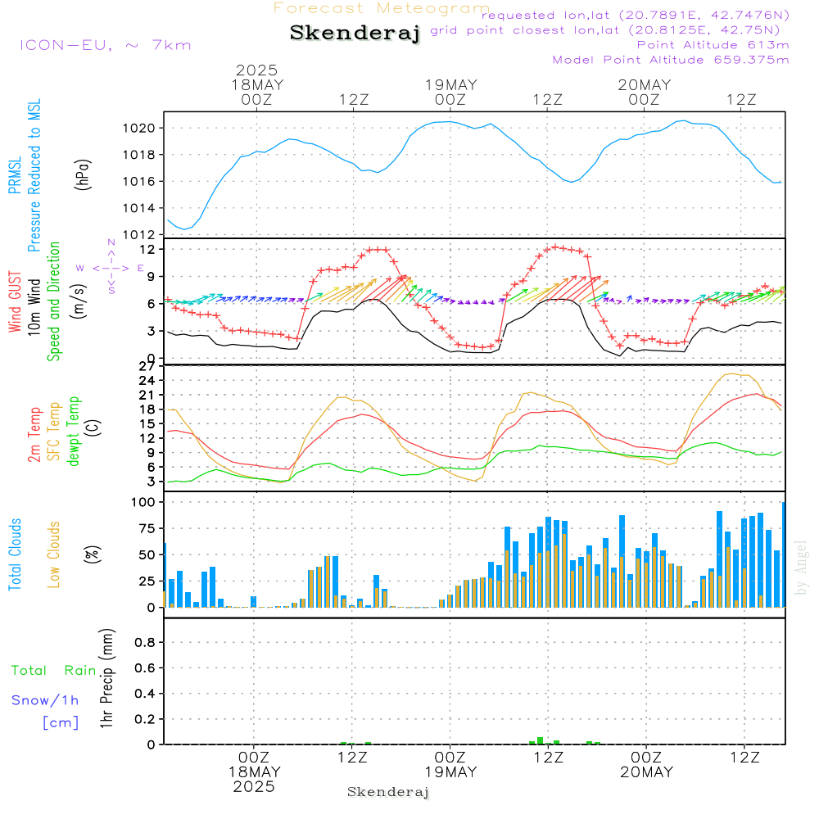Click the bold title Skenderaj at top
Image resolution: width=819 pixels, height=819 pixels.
355,33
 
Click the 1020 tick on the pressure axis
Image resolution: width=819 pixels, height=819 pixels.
139,128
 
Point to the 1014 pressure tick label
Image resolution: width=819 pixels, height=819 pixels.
139,208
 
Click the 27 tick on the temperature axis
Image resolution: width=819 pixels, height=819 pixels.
147,366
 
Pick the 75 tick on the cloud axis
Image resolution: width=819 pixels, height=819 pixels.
147,528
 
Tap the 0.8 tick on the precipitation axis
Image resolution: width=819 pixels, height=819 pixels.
145,642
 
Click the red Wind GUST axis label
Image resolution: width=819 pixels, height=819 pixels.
15,301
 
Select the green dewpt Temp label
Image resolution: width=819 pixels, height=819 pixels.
73,431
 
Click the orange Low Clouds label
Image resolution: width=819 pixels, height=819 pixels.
53,554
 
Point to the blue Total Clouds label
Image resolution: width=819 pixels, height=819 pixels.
15,554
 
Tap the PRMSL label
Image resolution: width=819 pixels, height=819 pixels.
15,175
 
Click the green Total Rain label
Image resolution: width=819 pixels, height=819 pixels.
54,670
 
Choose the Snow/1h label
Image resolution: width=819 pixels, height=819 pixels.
45,700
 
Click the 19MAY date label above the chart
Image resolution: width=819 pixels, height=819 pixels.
451,85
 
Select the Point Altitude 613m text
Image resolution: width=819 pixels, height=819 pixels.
713,45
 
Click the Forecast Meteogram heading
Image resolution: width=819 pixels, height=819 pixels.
382,8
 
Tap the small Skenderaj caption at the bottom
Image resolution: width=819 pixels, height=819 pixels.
388,792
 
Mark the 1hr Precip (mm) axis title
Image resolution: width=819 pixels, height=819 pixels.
106,678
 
